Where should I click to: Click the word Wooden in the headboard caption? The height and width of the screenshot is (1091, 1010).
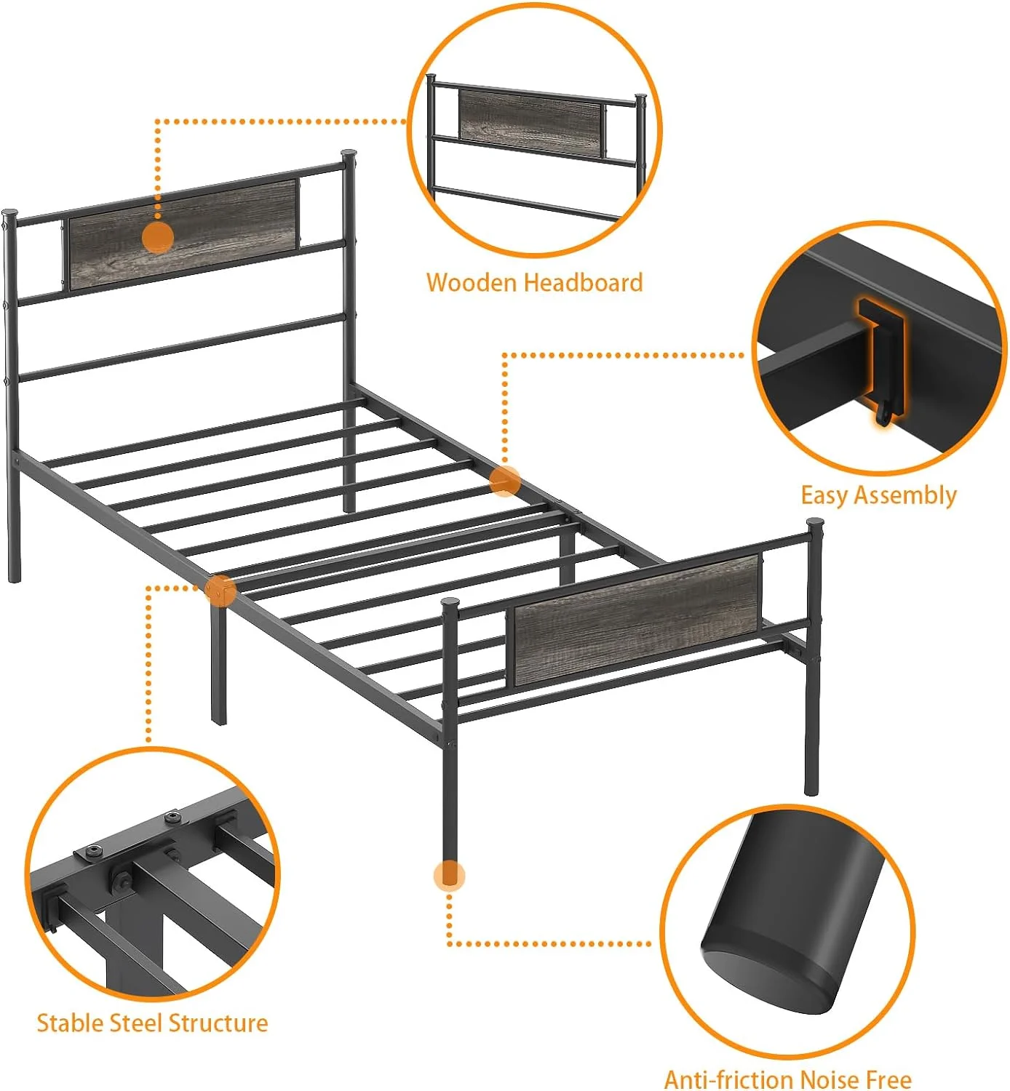click(472, 282)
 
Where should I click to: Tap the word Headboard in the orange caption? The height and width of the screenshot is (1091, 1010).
click(583, 282)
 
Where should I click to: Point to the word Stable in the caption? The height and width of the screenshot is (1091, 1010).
click(70, 1023)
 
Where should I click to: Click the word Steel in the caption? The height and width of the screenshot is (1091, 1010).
click(136, 1023)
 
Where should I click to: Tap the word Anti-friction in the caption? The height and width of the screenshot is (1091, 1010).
click(728, 1079)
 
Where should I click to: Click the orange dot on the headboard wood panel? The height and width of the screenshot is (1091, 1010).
click(158, 237)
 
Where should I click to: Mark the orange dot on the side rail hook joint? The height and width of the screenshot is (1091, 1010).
click(505, 481)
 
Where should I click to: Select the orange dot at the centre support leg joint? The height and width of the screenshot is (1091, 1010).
click(220, 590)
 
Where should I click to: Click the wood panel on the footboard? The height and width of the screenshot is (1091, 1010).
click(637, 620)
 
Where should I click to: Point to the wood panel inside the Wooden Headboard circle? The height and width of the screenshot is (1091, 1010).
click(530, 124)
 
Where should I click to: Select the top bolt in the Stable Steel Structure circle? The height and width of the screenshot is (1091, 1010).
click(172, 818)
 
